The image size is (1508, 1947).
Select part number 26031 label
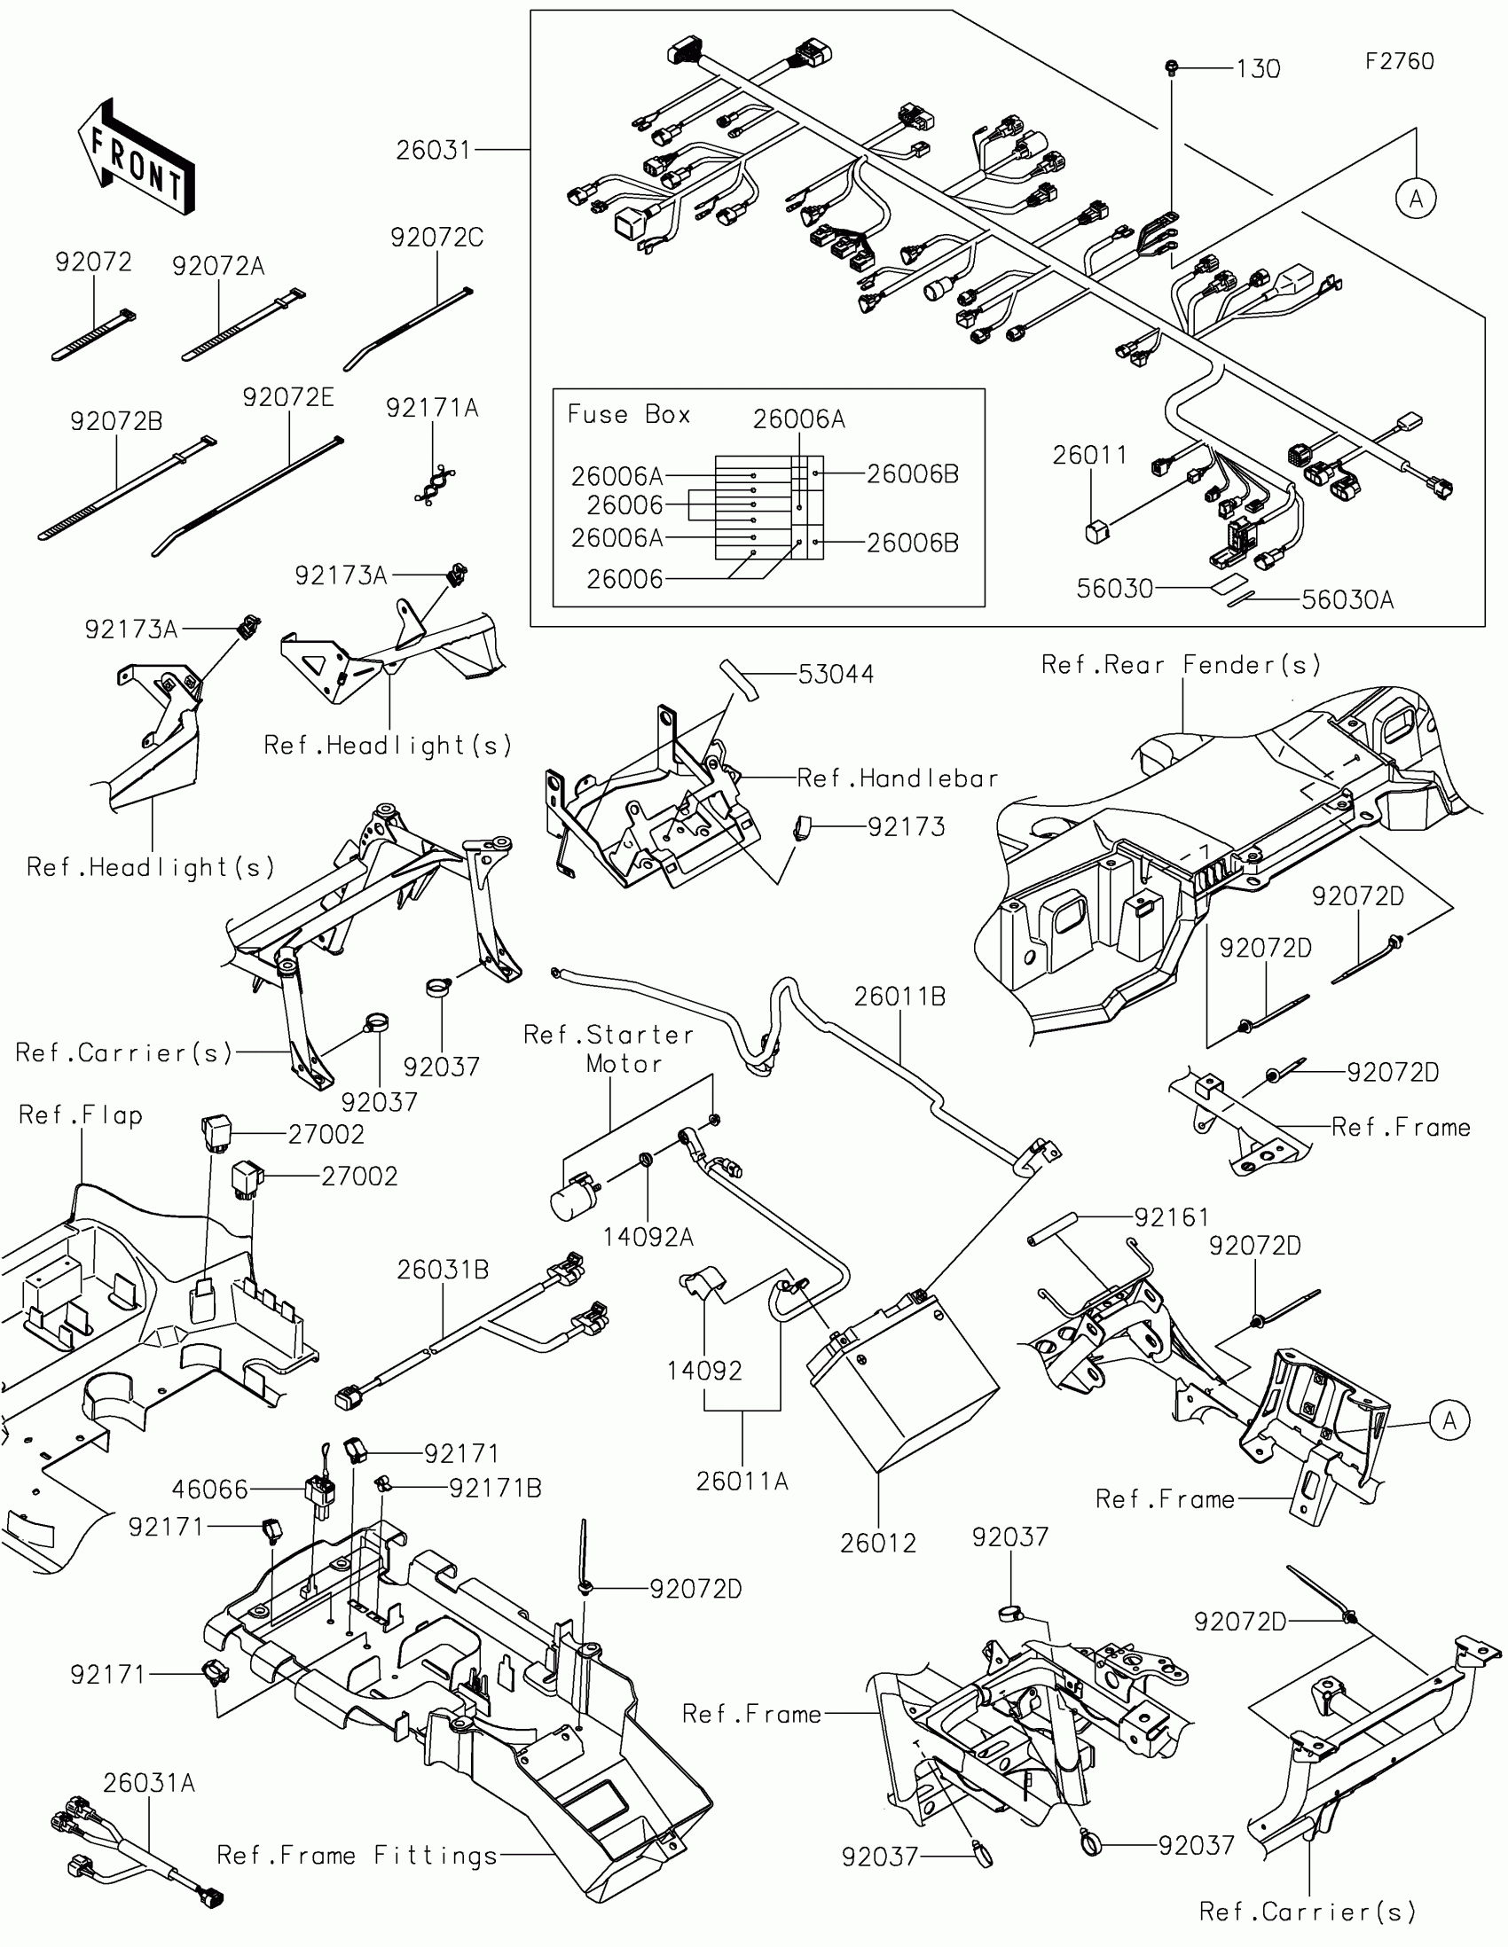tap(433, 150)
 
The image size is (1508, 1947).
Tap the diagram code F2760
tap(1399, 61)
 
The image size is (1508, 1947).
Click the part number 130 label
tap(1258, 68)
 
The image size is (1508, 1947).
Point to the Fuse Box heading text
tap(629, 415)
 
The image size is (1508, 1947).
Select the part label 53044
tap(836, 674)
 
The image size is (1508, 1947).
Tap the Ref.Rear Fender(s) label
tap(1181, 664)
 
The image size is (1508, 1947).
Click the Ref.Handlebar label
tap(897, 778)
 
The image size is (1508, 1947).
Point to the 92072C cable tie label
tap(437, 238)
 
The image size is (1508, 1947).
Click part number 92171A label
tap(432, 409)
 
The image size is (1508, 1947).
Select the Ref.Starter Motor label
tap(610, 1048)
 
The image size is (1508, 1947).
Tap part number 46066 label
tap(209, 1489)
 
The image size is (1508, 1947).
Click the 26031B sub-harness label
tap(443, 1270)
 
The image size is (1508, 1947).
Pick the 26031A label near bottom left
tap(148, 1783)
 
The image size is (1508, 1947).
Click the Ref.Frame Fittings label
tap(357, 1855)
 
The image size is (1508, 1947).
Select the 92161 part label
tap(1171, 1216)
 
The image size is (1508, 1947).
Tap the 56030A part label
tap(1347, 600)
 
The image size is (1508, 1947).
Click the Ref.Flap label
tap(80, 1115)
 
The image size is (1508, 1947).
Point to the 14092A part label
tap(648, 1237)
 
